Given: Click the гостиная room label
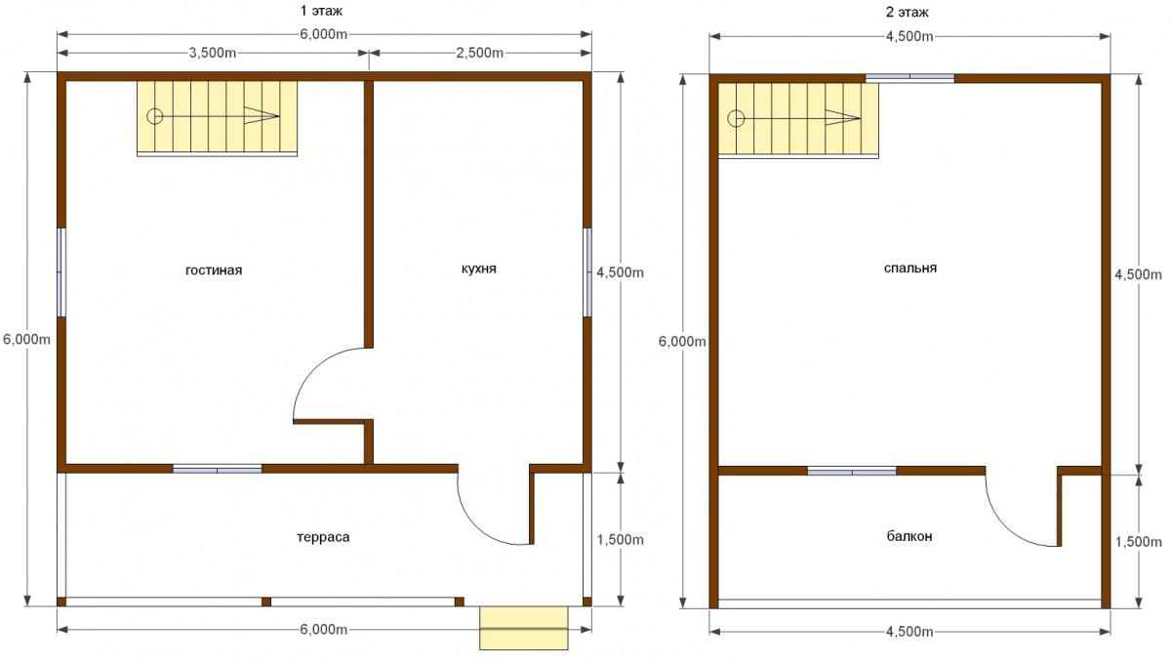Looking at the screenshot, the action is tap(214, 270).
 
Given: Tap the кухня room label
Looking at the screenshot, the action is tap(479, 269).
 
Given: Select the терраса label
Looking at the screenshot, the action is tap(323, 537).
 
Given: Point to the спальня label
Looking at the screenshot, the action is tap(910, 269).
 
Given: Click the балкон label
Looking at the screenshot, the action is tap(909, 536).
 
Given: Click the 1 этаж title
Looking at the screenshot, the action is tap(321, 11).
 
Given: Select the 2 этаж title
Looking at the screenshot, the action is tap(907, 12).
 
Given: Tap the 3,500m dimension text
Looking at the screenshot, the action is tap(213, 53).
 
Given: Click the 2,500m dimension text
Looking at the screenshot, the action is tap(479, 53).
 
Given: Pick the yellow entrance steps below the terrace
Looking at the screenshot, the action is tap(524, 629).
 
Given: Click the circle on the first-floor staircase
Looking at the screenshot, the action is tap(155, 116).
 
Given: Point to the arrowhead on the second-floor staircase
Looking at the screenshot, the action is tap(843, 118).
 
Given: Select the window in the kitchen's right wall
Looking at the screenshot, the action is tap(587, 272).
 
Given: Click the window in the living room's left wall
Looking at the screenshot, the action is tap(61, 272).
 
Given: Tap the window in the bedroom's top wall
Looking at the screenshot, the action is tap(910, 78).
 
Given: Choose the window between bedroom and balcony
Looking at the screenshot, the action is tap(852, 471).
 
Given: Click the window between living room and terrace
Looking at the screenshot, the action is tap(218, 469).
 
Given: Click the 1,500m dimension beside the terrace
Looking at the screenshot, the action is tap(621, 540).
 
